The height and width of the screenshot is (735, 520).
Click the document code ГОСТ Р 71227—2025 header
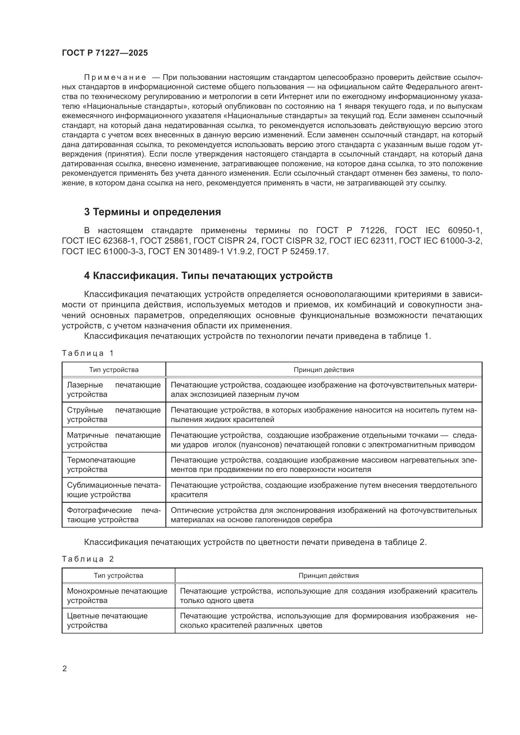click(x=105, y=53)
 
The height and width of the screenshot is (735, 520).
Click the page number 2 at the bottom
click(x=64, y=669)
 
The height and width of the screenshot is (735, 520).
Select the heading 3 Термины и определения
click(x=152, y=212)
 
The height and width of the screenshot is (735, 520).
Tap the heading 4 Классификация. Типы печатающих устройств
click(x=208, y=276)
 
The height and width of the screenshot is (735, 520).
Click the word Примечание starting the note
click(x=115, y=78)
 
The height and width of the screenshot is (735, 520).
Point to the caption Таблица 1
click(x=88, y=353)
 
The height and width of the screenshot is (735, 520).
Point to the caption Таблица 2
click(x=88, y=559)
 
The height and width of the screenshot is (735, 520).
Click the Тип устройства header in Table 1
click(x=114, y=370)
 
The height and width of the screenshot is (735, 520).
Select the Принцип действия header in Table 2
click(x=329, y=576)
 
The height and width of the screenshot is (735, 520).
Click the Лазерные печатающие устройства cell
click(x=114, y=390)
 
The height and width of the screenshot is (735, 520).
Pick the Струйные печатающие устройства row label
click(x=114, y=414)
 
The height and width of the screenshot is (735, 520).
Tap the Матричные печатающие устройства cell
click(x=114, y=440)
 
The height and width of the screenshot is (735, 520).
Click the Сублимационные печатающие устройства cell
click(x=114, y=490)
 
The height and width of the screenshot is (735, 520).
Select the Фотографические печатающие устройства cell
click(x=114, y=515)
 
